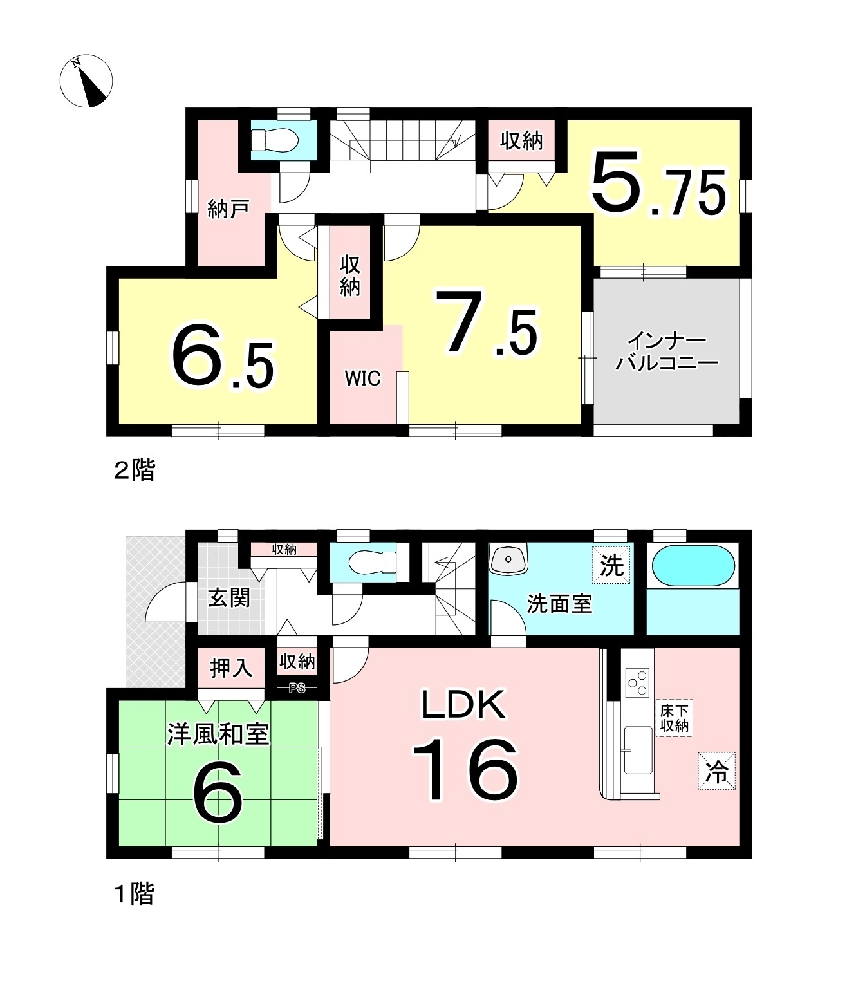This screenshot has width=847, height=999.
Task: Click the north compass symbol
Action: click(86, 80)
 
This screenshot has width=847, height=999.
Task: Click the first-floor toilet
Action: click(372, 561)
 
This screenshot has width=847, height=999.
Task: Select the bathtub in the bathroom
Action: click(693, 566)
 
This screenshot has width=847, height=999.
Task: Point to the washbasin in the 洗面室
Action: click(508, 559)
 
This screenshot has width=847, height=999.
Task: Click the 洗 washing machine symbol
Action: click(611, 565)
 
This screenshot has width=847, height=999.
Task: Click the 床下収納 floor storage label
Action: click(674, 718)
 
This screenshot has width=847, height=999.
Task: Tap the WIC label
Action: click(363, 378)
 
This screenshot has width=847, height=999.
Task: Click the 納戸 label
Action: click(228, 209)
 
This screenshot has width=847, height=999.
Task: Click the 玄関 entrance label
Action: click(230, 598)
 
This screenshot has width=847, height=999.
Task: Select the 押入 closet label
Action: click(231, 668)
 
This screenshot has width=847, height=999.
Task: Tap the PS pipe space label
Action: click(297, 687)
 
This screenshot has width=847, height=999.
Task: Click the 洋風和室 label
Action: click(218, 734)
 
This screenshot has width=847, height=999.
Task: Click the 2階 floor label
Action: click(135, 470)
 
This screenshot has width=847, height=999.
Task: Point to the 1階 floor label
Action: click(135, 894)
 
